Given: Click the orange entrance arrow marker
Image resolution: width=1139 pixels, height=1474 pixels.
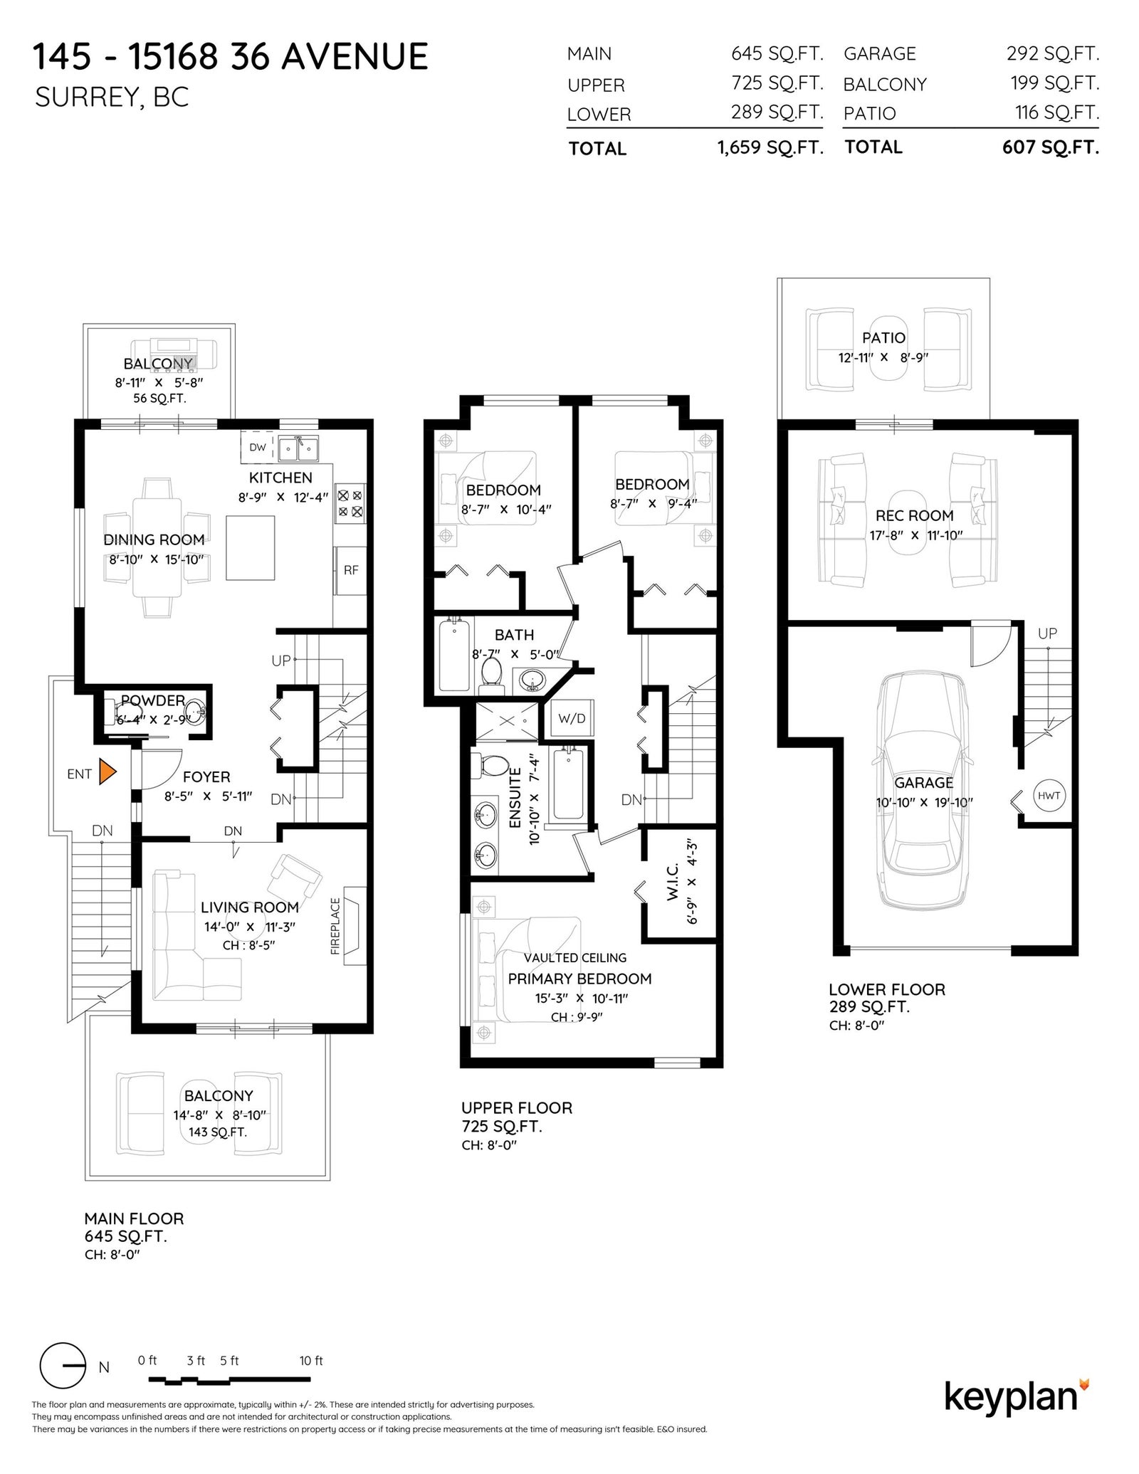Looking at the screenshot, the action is [x=107, y=772].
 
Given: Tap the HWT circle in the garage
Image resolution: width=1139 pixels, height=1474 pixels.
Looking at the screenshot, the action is [x=1049, y=796].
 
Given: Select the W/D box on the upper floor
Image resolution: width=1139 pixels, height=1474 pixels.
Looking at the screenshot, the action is [x=571, y=718].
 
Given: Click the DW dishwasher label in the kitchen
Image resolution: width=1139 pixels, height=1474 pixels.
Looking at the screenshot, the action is [x=258, y=447].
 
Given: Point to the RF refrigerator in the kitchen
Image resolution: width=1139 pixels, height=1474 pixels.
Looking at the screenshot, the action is [x=351, y=570].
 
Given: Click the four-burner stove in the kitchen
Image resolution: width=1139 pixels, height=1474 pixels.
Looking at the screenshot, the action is [x=350, y=503].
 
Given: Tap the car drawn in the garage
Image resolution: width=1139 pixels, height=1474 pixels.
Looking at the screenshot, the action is [x=923, y=791].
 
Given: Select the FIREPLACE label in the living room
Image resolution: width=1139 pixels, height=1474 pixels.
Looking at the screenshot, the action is [x=335, y=925].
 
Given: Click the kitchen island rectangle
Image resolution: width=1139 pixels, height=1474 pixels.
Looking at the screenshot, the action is [x=251, y=548].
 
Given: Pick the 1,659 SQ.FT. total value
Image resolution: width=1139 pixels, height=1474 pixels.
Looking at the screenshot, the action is [x=770, y=147].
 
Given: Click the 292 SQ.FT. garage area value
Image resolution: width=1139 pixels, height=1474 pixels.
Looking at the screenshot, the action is [x=1052, y=53].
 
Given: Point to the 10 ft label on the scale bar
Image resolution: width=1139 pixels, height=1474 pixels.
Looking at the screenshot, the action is [x=311, y=1360].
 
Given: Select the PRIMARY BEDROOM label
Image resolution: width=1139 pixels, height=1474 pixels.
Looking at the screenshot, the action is [x=579, y=979].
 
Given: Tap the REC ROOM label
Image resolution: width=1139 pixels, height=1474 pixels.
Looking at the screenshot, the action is [x=914, y=515].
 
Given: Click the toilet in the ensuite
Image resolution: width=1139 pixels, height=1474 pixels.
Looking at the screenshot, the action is [x=490, y=765].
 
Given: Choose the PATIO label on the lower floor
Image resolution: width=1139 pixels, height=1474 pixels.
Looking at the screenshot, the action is [x=883, y=337].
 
